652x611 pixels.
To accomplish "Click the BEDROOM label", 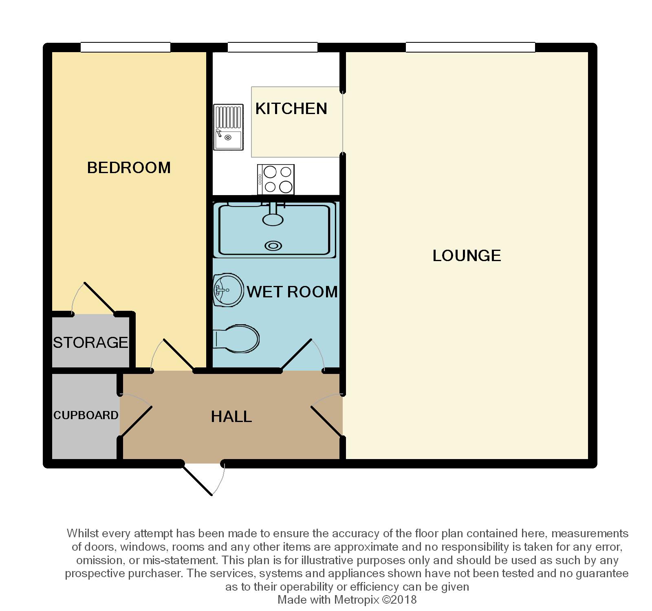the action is point(129,168).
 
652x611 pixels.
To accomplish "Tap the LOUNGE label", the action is point(467,256).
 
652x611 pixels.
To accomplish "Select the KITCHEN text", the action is point(291,109).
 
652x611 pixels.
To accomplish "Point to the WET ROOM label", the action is point(292,292).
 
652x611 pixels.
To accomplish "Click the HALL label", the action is point(231,416).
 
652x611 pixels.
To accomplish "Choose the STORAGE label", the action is point(90,343).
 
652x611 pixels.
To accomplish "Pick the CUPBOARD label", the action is point(86,415).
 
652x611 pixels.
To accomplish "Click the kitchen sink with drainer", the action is point(228,127).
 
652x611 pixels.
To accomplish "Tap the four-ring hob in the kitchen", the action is point(275,180).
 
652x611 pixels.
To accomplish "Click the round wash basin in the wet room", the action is point(228,290).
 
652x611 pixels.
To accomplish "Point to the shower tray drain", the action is point(273,246).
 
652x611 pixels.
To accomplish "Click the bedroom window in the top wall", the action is point(126,48).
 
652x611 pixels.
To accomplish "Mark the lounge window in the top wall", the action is point(470,48).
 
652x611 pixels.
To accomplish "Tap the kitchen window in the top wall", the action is point(273,48).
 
